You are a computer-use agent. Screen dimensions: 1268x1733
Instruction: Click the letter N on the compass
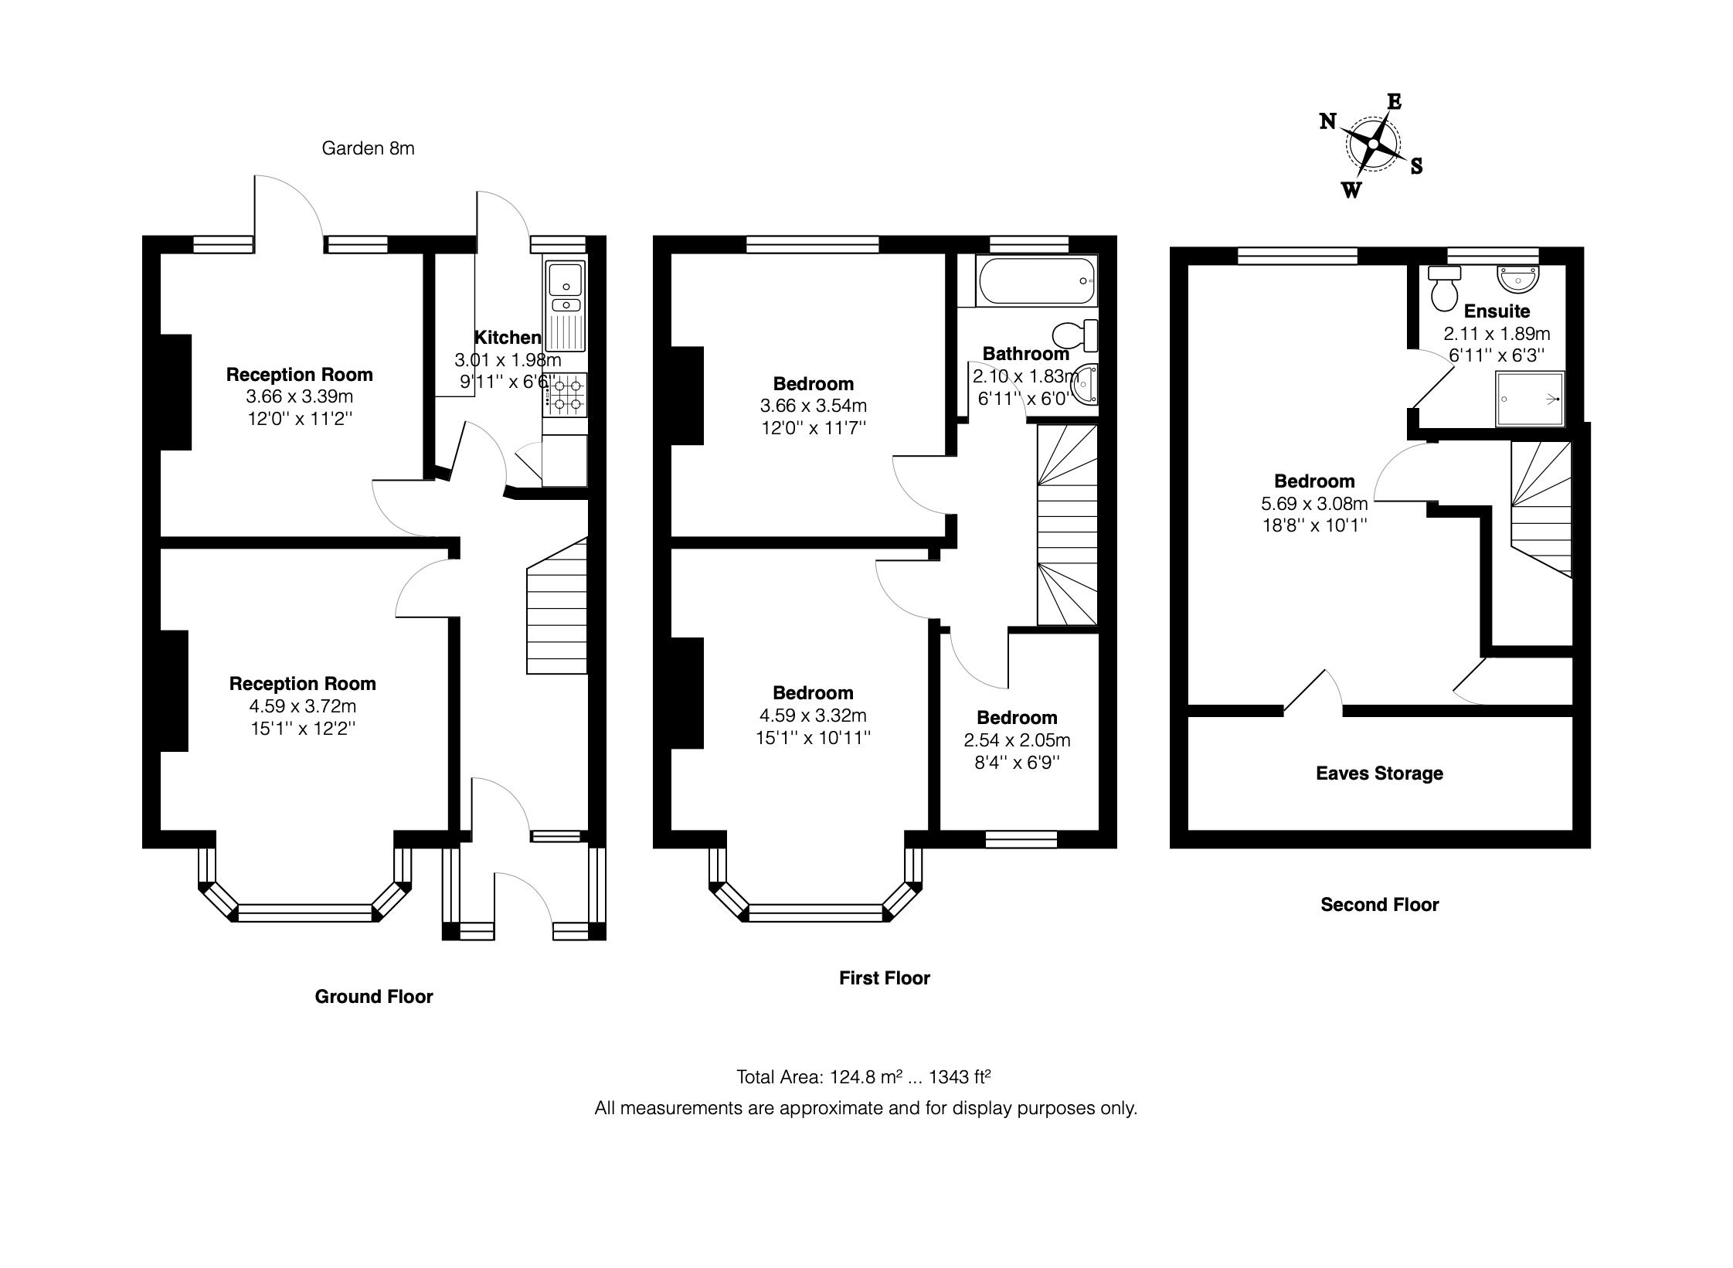point(1327,121)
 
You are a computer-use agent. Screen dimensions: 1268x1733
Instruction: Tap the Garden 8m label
point(368,148)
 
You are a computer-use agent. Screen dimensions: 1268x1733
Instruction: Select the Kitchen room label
point(507,337)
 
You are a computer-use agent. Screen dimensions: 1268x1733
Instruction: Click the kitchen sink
point(566,279)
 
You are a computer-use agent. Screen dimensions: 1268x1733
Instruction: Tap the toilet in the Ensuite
point(1443,289)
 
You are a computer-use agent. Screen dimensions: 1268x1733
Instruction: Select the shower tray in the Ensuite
point(1530,399)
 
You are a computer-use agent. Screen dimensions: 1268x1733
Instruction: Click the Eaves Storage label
point(1379,773)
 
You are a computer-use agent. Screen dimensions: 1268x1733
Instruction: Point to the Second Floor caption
point(1379,905)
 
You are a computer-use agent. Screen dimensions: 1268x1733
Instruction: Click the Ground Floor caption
point(374,997)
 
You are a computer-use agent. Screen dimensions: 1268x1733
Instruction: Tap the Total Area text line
point(864,1077)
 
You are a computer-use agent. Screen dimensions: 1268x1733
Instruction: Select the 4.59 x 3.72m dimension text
point(302,706)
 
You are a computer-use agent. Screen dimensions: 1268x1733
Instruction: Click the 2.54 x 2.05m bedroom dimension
point(1017,740)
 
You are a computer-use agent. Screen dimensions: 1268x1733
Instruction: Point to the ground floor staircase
point(557,610)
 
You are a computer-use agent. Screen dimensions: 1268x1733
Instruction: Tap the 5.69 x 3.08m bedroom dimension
point(1314,504)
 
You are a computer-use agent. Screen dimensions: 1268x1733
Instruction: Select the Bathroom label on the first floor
point(1025,354)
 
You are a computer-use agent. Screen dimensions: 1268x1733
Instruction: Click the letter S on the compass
point(1416,166)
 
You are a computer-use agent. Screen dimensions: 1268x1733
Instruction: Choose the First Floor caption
point(885,978)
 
